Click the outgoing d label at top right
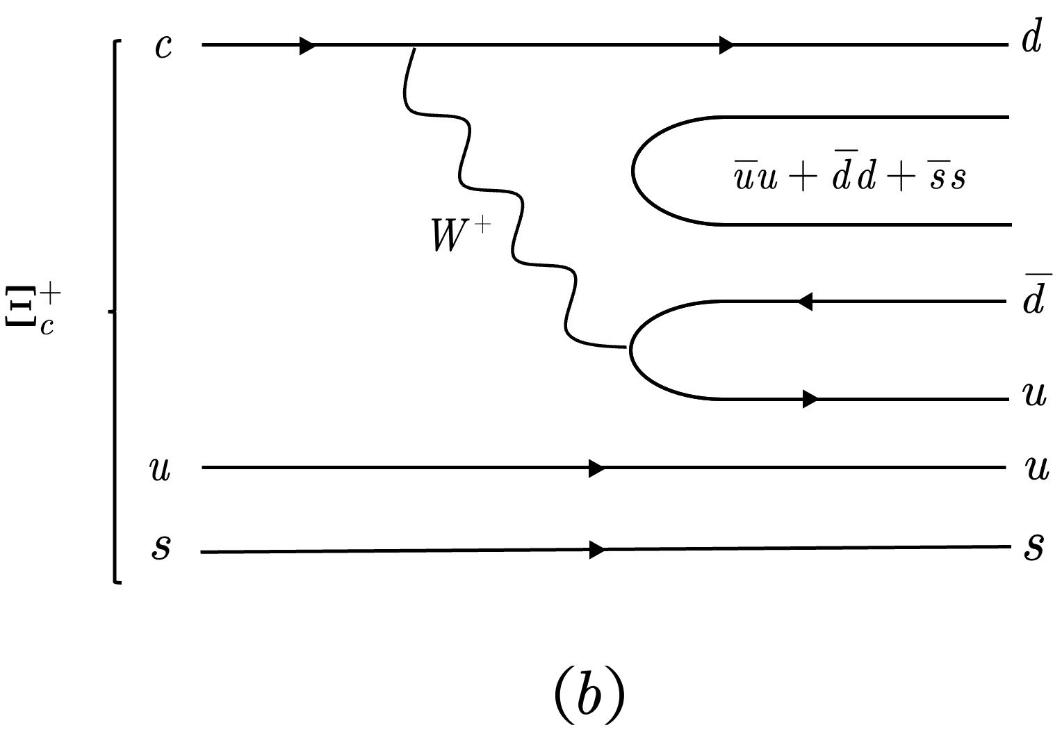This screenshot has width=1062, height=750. (x=1031, y=40)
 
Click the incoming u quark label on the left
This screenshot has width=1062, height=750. (x=161, y=470)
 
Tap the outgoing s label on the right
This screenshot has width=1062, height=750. (x=1034, y=547)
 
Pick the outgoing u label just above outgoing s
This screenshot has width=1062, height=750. (x=1036, y=470)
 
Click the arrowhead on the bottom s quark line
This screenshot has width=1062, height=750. (x=596, y=550)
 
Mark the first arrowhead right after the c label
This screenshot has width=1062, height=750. (x=307, y=45)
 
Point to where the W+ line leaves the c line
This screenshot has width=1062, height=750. (x=414, y=47)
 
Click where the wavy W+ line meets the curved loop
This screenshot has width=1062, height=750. (x=629, y=347)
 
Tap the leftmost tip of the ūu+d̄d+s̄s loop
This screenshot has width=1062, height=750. (x=632, y=171)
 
